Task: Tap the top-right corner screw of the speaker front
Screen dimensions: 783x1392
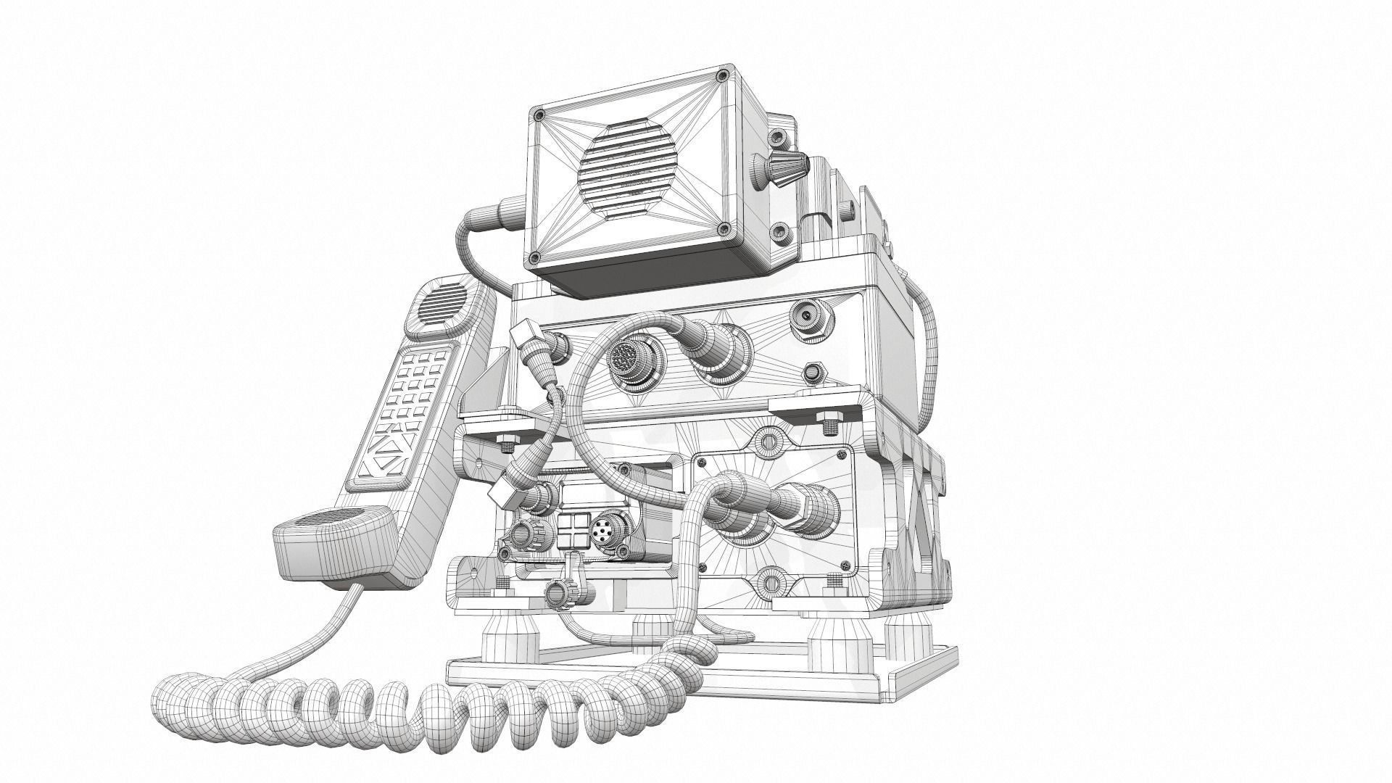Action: [x=721, y=76]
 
